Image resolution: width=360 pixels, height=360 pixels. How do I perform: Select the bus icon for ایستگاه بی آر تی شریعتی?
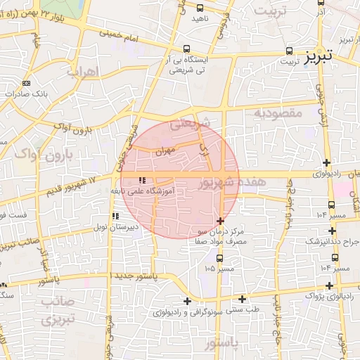[x=186, y=49]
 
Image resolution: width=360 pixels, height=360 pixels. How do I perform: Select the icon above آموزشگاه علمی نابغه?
[x=143, y=180]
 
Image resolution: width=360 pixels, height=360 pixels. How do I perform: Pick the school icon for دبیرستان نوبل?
[x=115, y=217]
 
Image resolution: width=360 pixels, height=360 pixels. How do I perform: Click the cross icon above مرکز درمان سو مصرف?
[x=221, y=221]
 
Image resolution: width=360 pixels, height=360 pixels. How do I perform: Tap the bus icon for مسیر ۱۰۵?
[x=219, y=258]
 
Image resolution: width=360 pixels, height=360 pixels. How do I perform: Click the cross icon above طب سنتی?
[x=242, y=298]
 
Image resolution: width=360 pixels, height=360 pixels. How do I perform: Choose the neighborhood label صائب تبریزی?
[x=50, y=310]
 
